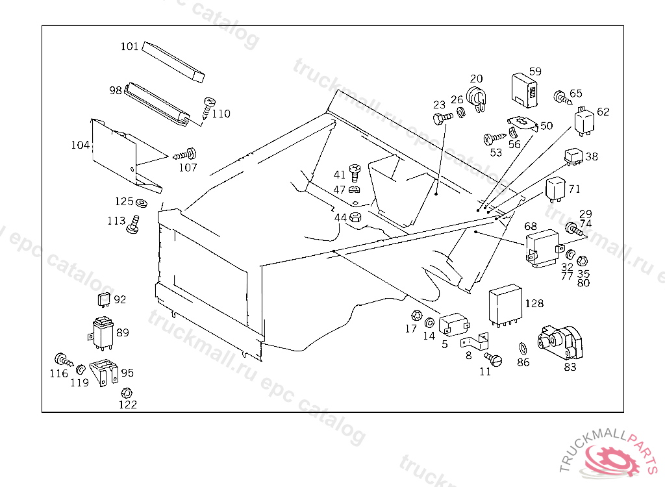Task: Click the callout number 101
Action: [x=130, y=46]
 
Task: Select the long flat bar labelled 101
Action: [x=173, y=62]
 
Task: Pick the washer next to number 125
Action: [x=143, y=202]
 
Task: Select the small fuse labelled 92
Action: [x=102, y=300]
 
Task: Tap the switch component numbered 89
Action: [x=102, y=331]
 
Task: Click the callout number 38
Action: [x=592, y=156]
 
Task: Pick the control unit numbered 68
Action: [x=542, y=248]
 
